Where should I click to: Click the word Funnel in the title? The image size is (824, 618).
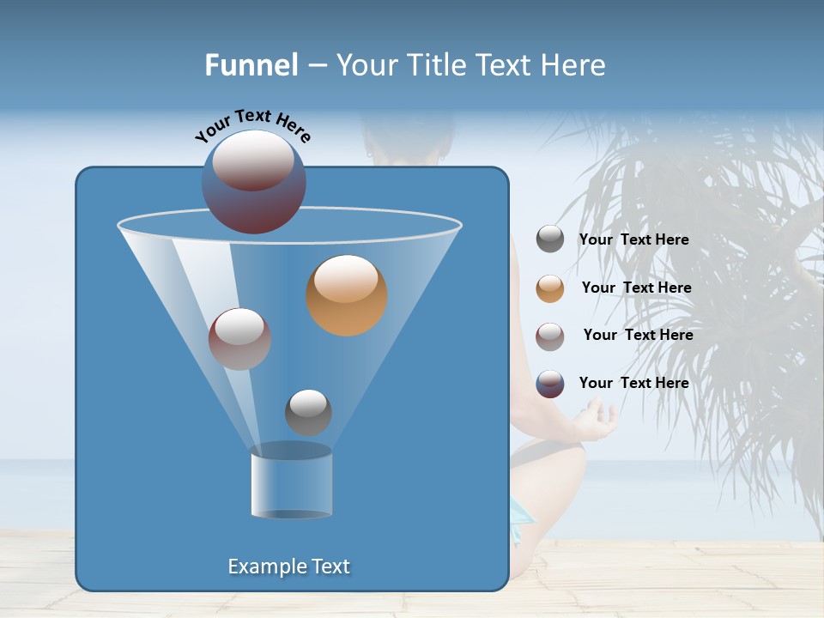click(251, 65)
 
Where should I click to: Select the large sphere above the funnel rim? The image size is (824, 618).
click(254, 181)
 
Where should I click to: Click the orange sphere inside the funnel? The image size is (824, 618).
click(347, 295)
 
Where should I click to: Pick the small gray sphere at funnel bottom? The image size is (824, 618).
click(308, 412)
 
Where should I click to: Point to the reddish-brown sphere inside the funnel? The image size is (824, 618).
click(240, 339)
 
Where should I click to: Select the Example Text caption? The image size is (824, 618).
click(289, 566)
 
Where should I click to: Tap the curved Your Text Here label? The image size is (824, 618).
click(252, 125)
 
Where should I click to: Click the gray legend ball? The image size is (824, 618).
click(550, 239)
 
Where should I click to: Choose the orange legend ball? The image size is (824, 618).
click(550, 288)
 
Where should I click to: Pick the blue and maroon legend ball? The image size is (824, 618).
click(550, 384)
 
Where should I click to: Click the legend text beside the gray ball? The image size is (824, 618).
click(633, 240)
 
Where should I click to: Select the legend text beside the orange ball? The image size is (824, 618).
click(636, 288)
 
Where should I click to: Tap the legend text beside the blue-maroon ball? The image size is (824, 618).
click(633, 383)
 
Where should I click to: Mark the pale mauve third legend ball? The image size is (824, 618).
click(550, 336)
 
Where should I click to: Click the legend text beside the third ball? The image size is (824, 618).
click(638, 335)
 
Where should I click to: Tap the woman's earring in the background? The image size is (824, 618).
click(369, 154)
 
